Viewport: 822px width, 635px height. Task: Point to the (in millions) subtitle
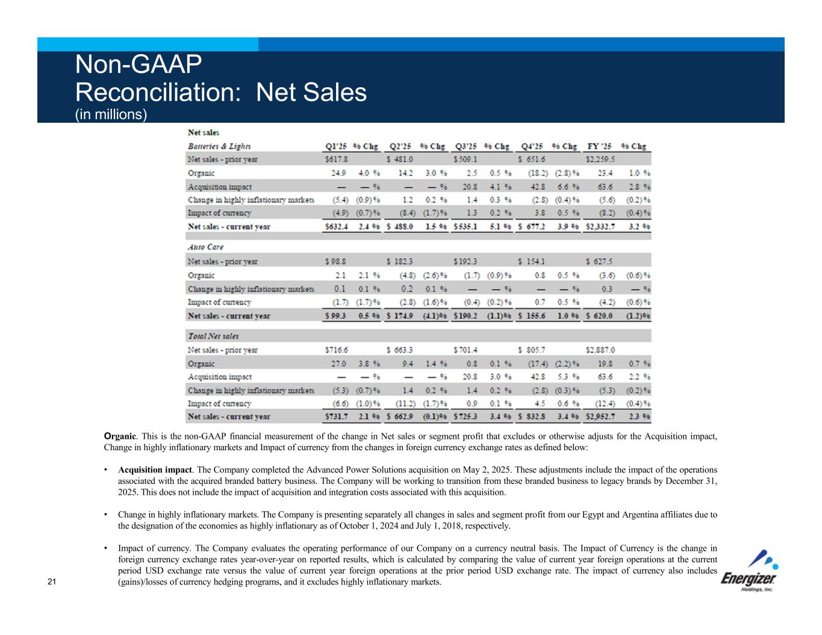[110, 114]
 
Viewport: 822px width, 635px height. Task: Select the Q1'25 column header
[335, 146]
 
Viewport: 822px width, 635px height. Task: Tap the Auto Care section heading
[205, 247]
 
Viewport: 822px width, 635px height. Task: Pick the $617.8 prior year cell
[336, 160]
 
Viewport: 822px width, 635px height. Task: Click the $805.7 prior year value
[531, 350]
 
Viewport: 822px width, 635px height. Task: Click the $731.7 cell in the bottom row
[336, 417]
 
